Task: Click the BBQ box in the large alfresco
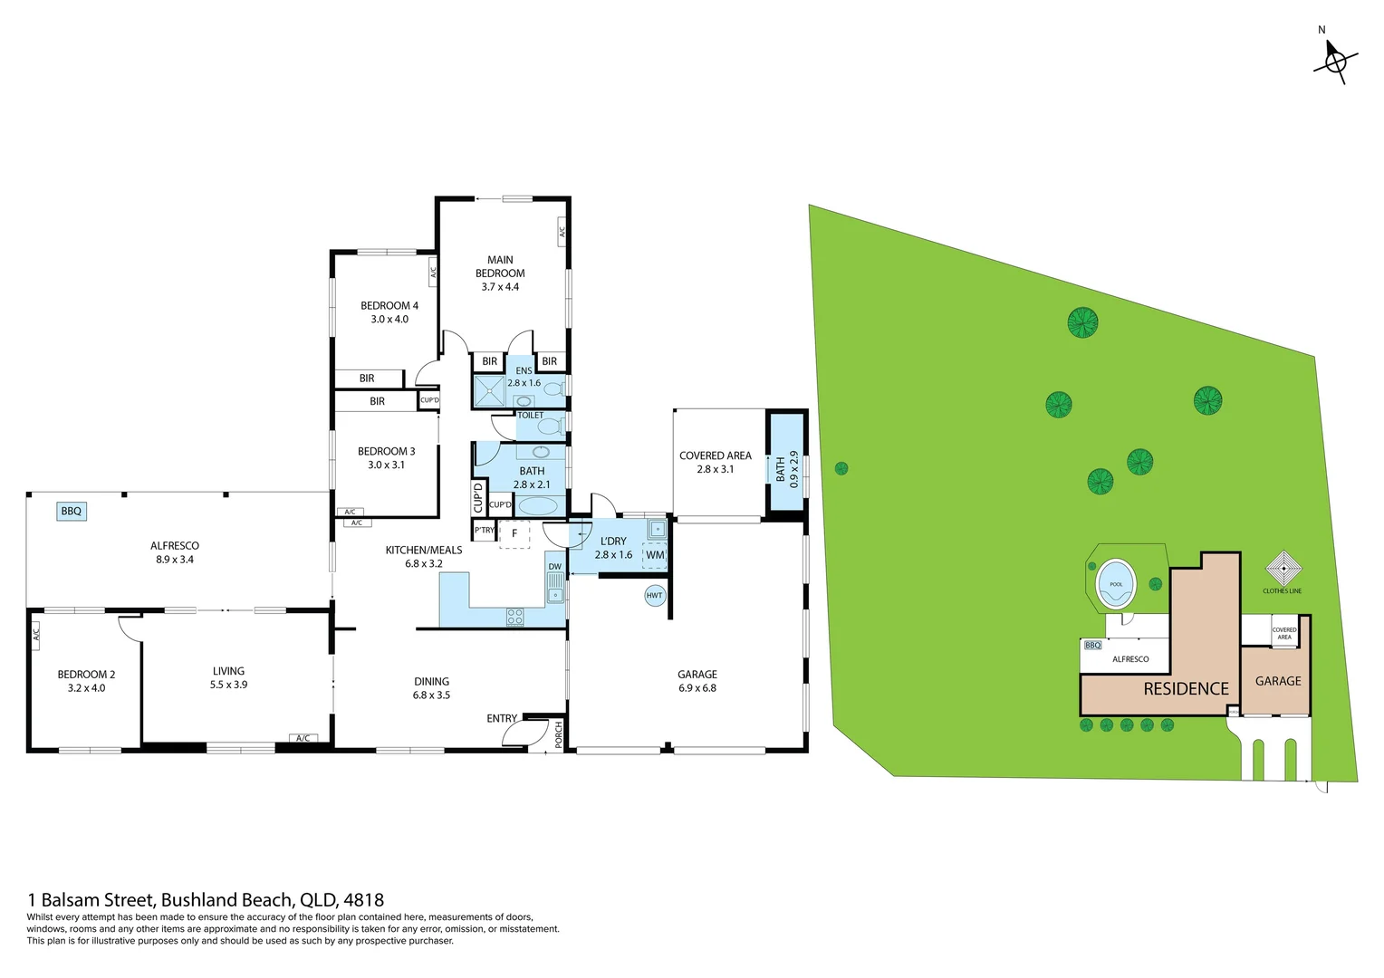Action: tap(72, 512)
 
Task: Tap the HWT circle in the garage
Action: tap(654, 596)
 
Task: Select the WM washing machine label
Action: tap(655, 555)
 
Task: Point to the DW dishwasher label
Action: tap(555, 567)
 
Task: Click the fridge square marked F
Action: tap(514, 533)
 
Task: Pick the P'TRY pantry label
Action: tap(485, 530)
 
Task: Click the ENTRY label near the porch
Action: tap(502, 718)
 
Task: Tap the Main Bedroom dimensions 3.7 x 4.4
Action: tap(500, 287)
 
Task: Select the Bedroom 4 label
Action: tap(389, 305)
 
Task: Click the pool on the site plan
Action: tap(1116, 584)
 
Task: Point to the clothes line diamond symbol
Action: tap(1283, 568)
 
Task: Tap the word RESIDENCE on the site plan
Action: tap(1186, 689)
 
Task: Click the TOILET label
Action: tap(530, 415)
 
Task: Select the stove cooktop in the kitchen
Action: tap(514, 617)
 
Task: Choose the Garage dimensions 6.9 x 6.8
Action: tap(697, 688)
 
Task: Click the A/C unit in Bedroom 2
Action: tap(36, 636)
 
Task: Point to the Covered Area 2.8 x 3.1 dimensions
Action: tap(715, 470)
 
